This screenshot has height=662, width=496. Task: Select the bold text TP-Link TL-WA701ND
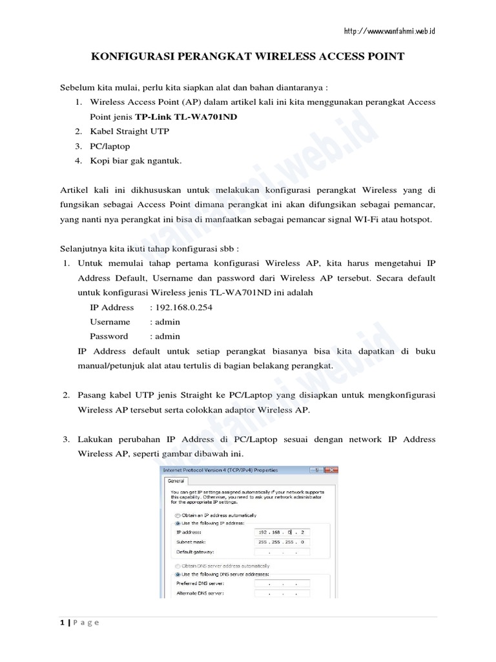pos(181,118)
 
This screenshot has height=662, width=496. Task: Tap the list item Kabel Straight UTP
pos(130,132)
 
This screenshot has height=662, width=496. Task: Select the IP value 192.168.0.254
pos(180,307)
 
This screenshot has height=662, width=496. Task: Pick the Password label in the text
pos(108,336)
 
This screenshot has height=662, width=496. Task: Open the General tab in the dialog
pos(176,481)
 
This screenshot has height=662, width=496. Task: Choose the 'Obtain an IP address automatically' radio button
pos(178,515)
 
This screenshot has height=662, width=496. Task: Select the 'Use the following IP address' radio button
pos(178,523)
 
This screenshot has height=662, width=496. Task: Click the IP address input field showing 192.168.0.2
pos(282,531)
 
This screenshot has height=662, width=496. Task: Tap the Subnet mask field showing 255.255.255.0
pos(282,542)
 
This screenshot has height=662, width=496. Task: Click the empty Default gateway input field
pos(282,552)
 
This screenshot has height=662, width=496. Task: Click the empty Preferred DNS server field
pos(282,582)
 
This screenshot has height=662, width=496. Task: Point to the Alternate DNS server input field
pos(282,592)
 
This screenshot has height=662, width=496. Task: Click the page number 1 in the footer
pos(62,623)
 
